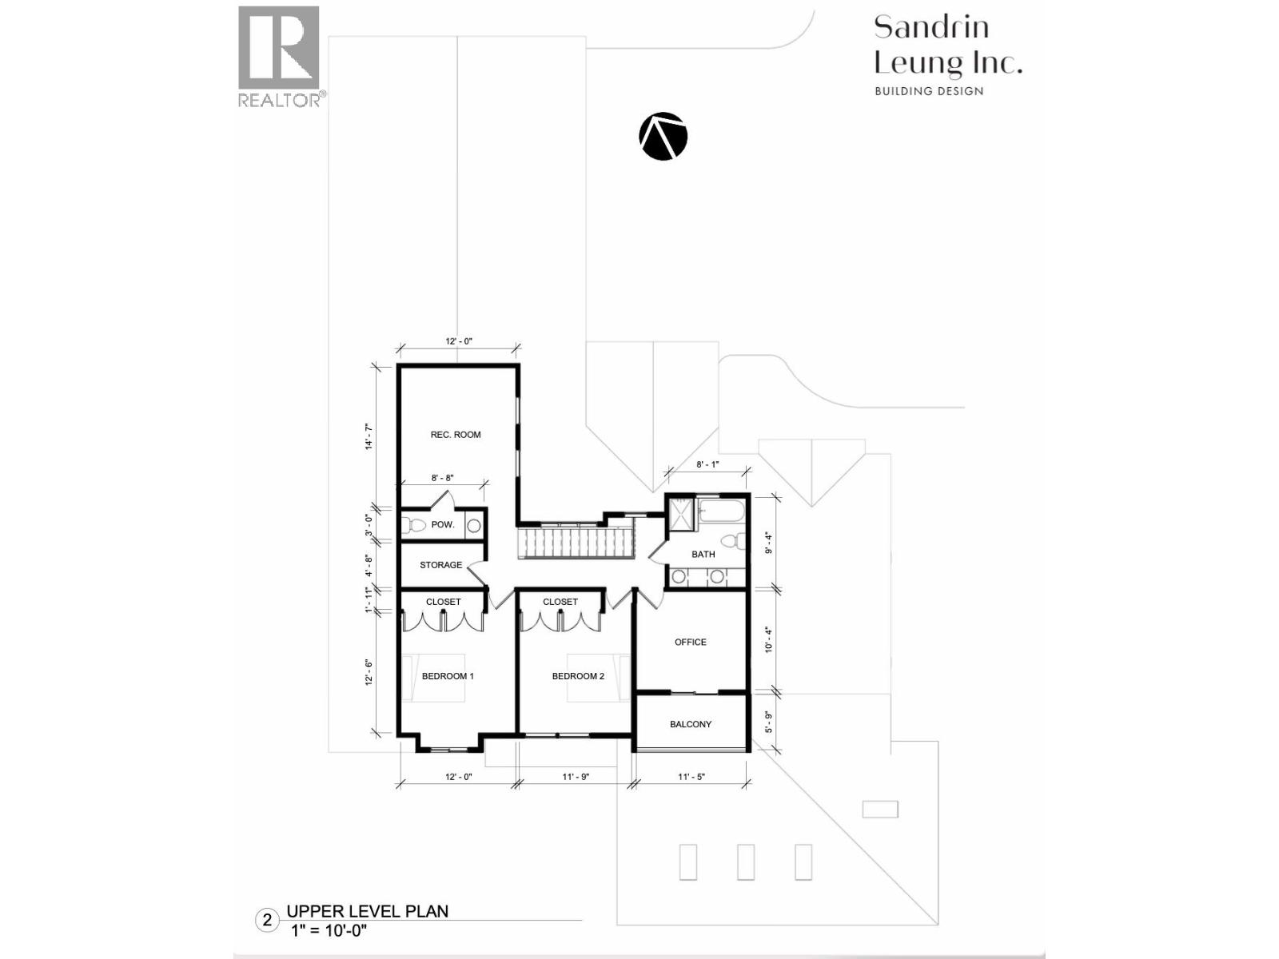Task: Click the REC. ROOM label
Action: tap(456, 435)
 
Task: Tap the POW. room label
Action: tap(443, 525)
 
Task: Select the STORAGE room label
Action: tap(440, 565)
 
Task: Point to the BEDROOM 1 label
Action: tap(448, 676)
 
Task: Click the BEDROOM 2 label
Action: tap(578, 676)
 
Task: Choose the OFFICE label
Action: tap(691, 642)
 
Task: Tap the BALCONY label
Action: tap(691, 724)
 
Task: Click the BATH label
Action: tap(703, 554)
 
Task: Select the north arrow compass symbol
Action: tap(663, 137)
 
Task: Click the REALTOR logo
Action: tap(281, 56)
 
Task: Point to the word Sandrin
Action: tap(931, 27)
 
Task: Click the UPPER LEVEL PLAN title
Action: tap(368, 911)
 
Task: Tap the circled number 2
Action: tap(268, 921)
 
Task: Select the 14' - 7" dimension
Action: tap(369, 437)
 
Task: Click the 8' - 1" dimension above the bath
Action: tap(707, 464)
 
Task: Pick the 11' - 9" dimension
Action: tap(576, 777)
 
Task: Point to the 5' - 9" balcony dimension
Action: tap(769, 722)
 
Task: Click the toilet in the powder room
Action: tap(414, 526)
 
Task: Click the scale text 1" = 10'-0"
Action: tap(329, 931)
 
